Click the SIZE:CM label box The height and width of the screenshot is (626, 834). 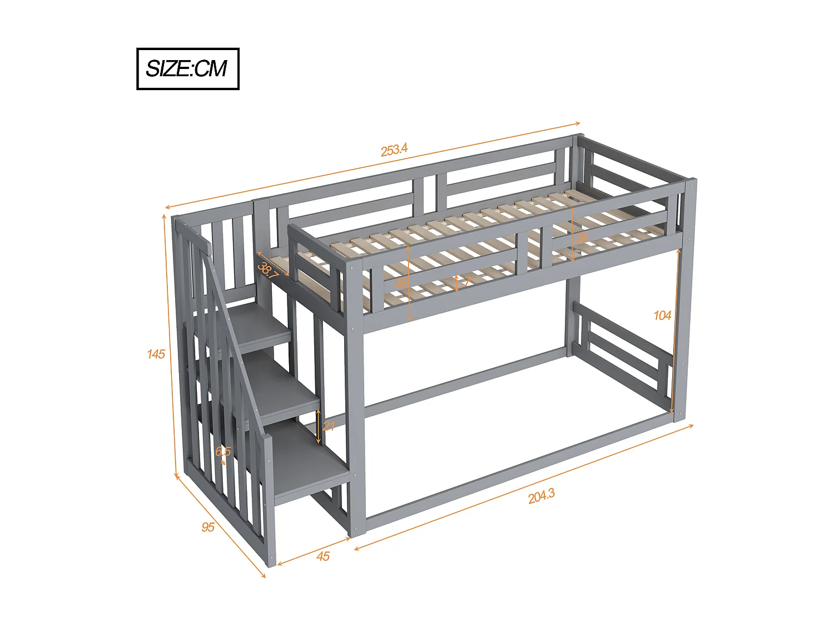click(x=187, y=69)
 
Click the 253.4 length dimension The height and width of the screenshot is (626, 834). click(x=394, y=150)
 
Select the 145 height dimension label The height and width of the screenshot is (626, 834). click(x=156, y=354)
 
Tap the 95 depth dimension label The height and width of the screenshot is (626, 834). click(x=208, y=526)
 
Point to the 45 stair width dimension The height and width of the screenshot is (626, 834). click(x=323, y=556)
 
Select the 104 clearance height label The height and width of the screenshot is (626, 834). click(x=662, y=316)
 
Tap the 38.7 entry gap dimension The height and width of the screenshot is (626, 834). click(x=268, y=270)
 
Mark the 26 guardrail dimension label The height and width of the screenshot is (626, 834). click(x=582, y=238)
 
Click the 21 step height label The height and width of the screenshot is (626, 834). click(x=329, y=426)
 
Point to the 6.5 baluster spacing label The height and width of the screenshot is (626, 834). click(x=223, y=451)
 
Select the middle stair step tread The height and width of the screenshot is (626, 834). click(x=284, y=387)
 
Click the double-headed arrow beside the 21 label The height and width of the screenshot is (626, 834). click(x=318, y=427)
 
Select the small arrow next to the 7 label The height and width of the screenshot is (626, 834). click(x=457, y=283)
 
